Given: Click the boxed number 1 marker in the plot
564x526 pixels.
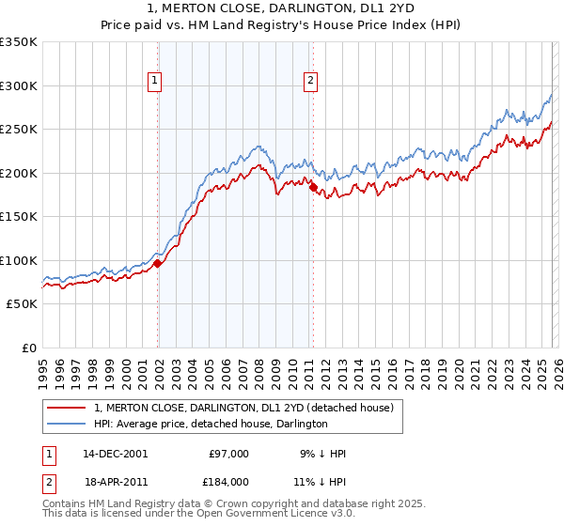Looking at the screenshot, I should [x=155, y=82].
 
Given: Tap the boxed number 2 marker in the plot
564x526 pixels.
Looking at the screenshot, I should [x=310, y=82].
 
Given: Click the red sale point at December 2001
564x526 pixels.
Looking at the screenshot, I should [x=157, y=263].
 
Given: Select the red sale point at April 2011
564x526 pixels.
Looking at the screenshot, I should [x=313, y=188].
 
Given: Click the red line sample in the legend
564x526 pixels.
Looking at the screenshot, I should [x=67, y=408].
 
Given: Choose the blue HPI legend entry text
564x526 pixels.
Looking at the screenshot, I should [x=211, y=424].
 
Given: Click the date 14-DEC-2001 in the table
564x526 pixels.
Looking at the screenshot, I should [x=115, y=454].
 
